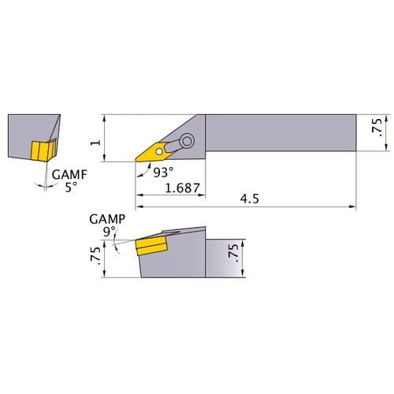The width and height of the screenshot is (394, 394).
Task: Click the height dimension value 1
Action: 95,139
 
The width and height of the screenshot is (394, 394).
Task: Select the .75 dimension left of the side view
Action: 95,255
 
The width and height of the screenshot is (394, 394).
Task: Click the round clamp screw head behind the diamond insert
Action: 188,142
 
